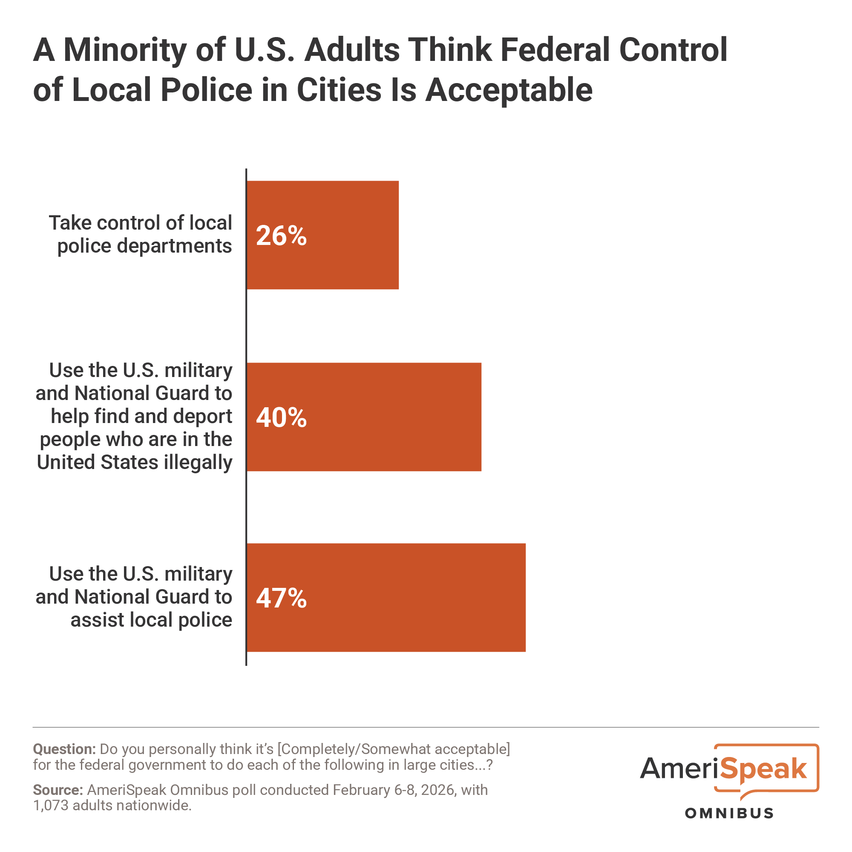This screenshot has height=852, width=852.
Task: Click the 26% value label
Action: point(281,236)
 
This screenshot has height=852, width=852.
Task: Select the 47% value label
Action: point(281,599)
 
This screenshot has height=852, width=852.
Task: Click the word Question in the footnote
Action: point(64,749)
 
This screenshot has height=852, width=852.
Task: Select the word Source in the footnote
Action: point(58,790)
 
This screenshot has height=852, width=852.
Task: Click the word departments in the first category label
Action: point(174,246)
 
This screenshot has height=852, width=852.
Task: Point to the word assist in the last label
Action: point(95,619)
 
